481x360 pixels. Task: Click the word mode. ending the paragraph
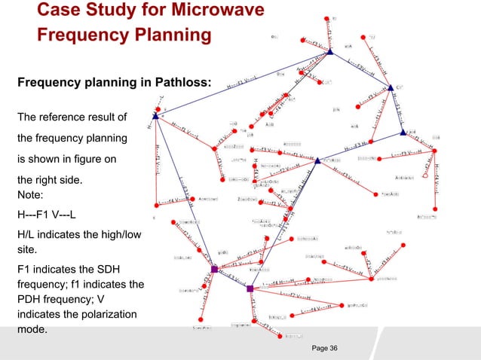pos(32,330)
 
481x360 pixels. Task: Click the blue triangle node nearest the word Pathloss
pos(155,116)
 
